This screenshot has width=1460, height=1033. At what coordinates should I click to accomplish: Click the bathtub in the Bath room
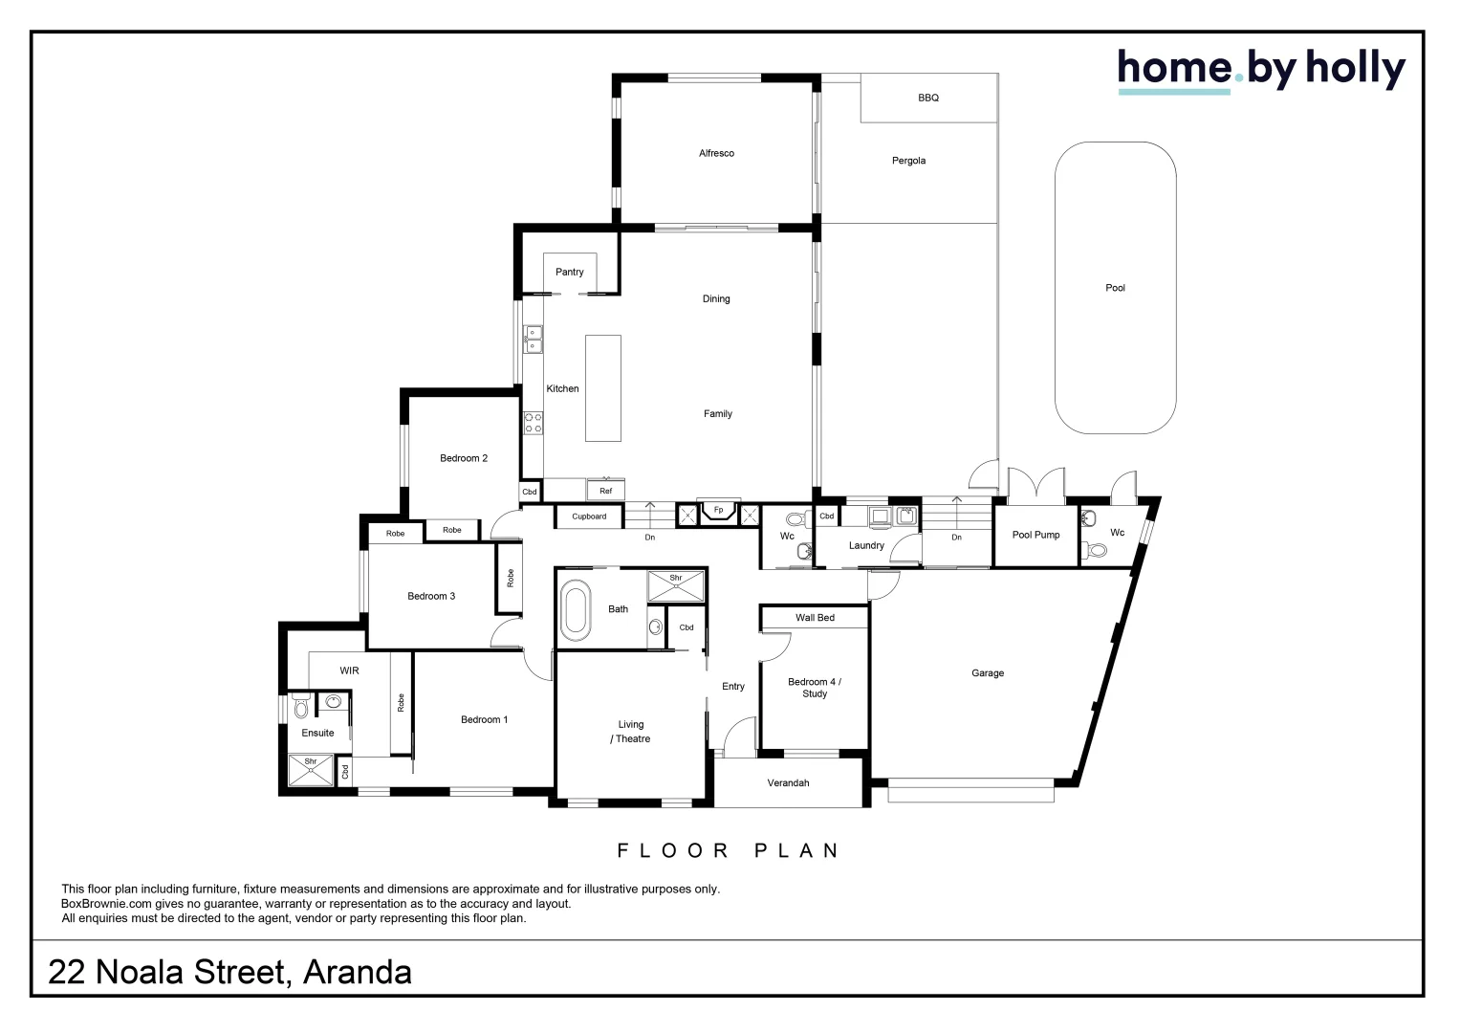pos(576,610)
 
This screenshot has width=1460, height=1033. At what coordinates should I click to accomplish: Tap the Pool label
pos(1115,288)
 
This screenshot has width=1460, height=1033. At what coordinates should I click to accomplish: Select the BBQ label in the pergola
pos(927,98)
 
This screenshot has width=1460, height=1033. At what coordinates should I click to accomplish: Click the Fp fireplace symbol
pos(718,511)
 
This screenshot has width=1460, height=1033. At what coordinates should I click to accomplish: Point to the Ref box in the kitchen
pos(605,491)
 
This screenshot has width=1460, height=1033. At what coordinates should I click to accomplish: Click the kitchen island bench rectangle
pos(602,387)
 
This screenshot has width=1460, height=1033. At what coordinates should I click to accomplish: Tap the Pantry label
pos(569,273)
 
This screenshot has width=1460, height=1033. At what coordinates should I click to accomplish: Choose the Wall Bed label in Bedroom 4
pos(815,618)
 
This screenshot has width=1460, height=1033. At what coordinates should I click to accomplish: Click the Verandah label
pos(788,783)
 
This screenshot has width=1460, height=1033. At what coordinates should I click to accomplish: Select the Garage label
pos(987,673)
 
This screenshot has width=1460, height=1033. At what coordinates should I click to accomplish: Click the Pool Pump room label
pos(1035,535)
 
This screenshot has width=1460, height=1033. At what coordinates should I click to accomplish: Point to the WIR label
pos(349,670)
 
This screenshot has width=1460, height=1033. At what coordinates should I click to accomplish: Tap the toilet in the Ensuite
pos(300,708)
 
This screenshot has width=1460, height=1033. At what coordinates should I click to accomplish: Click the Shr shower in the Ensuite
pos(311,770)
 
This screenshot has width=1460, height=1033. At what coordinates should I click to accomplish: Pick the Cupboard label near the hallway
pos(589,516)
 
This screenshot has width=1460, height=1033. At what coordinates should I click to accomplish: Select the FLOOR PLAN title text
pos(729,850)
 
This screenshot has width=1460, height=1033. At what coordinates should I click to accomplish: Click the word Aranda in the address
pos(357,972)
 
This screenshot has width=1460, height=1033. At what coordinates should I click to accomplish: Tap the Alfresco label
pos(716,153)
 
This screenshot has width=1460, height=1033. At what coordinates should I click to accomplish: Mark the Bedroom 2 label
pos(464,458)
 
